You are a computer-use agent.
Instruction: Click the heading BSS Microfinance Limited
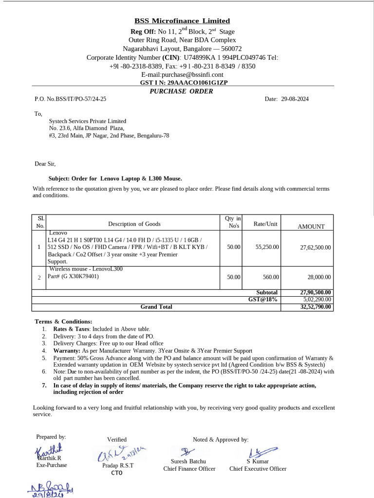[x=182, y=21]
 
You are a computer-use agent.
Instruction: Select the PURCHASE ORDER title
[x=181, y=91]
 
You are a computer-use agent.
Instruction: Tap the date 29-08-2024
[x=295, y=99]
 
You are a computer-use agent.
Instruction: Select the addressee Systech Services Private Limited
[x=88, y=121]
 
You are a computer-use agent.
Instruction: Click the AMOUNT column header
[x=311, y=226]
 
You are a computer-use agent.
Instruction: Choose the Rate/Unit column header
[x=265, y=224]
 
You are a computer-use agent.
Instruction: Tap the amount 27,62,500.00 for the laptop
[x=315, y=248]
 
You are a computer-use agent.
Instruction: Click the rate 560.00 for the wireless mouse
[x=271, y=277]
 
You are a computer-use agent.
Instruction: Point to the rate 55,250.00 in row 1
[x=267, y=247]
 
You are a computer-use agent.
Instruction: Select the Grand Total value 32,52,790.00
[x=316, y=307]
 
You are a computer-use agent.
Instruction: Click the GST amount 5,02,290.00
[x=317, y=300]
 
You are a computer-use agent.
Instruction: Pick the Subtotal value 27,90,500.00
[x=316, y=292]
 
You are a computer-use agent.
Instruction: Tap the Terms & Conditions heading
[x=63, y=321]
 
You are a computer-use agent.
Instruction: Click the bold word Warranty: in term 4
[x=67, y=350]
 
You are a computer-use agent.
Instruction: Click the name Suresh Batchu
[x=188, y=461]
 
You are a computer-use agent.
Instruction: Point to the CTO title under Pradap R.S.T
[x=117, y=472]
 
